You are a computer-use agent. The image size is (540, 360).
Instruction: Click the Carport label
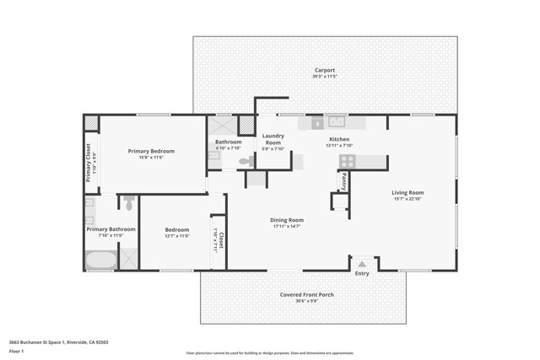pos(325,70)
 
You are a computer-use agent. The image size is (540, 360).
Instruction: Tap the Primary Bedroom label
pos(151,151)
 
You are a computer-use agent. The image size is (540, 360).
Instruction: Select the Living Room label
pos(408,192)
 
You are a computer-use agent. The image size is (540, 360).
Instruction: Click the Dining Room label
pos(287,220)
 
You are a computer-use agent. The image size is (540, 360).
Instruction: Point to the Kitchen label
pos(339,139)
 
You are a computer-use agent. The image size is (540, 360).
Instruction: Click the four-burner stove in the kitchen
pos(346,160)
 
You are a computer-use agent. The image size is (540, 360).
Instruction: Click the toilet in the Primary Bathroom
pos(129,203)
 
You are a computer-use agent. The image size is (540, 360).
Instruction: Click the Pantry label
pos(343,180)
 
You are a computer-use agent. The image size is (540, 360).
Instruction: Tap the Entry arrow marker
pos(362,264)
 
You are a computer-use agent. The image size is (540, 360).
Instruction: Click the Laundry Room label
pos(273,139)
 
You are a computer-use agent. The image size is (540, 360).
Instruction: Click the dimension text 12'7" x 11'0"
pos(177,236)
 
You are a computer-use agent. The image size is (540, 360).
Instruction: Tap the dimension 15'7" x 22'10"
pos(408,199)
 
